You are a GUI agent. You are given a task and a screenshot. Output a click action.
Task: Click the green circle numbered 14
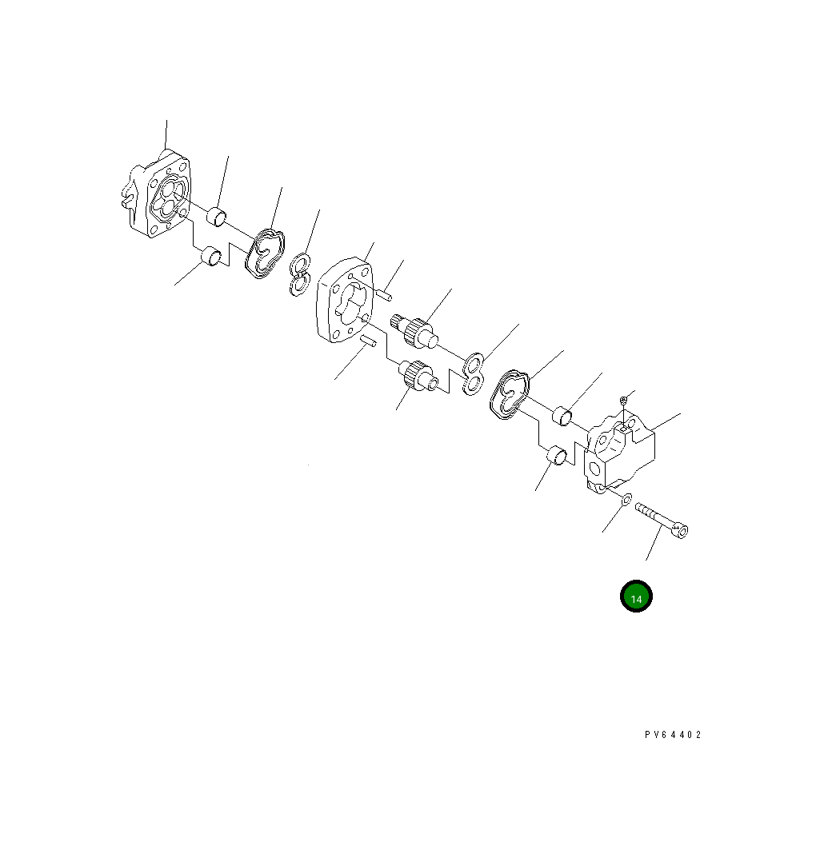(x=635, y=596)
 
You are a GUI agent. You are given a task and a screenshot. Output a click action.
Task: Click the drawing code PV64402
(x=673, y=735)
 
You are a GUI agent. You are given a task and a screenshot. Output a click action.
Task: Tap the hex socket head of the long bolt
(x=681, y=529)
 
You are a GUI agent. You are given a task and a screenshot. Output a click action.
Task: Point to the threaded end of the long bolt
(x=643, y=510)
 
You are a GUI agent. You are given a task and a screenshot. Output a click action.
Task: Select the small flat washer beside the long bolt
(x=626, y=498)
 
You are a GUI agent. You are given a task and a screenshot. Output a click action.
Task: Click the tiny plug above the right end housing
(x=623, y=401)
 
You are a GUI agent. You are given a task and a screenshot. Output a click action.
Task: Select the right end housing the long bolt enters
(x=620, y=452)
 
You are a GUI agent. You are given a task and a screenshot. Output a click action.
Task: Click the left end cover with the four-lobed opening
(x=156, y=194)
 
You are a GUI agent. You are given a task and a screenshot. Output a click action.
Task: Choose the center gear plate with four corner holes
(x=345, y=301)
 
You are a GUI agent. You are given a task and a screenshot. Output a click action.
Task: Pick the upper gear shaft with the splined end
(x=415, y=331)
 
